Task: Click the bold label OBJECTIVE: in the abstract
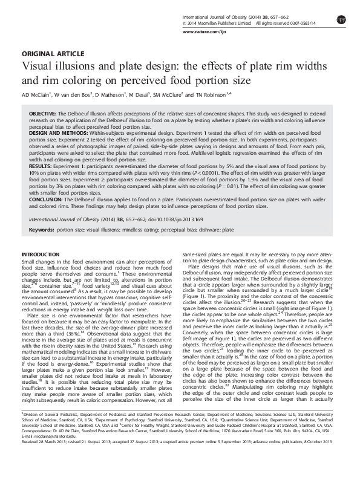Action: coord(43,114)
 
